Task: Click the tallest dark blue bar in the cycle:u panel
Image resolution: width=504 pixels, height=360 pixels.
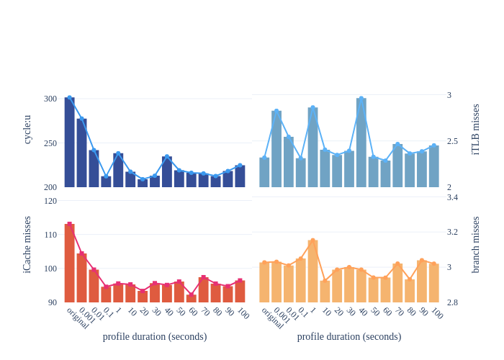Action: (69, 143)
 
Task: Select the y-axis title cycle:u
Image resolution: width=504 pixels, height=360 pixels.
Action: (27, 130)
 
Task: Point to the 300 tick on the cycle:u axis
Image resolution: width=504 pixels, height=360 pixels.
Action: (50, 99)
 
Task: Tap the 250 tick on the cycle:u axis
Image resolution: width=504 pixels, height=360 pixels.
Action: (50, 143)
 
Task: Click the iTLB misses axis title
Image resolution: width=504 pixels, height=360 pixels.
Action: (475, 130)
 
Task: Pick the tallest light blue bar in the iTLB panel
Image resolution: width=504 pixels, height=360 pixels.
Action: (361, 143)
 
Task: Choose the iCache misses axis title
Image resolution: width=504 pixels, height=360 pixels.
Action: (27, 245)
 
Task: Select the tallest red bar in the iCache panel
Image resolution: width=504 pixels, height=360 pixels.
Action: (69, 263)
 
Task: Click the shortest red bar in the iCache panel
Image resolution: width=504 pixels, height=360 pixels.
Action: (191, 298)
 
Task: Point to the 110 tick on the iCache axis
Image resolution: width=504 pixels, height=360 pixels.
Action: (50, 235)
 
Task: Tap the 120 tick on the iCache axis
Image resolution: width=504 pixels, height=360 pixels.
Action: (50, 201)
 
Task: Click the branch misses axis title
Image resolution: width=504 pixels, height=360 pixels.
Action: (475, 245)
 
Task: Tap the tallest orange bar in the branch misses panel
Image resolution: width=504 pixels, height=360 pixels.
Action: (312, 271)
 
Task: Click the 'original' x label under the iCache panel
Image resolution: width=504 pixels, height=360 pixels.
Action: (78, 318)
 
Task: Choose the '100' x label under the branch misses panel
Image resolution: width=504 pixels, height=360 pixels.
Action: (437, 313)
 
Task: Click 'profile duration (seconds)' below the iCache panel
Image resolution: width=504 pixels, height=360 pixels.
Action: (155, 336)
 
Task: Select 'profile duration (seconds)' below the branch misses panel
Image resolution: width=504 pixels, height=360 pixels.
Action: (349, 336)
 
